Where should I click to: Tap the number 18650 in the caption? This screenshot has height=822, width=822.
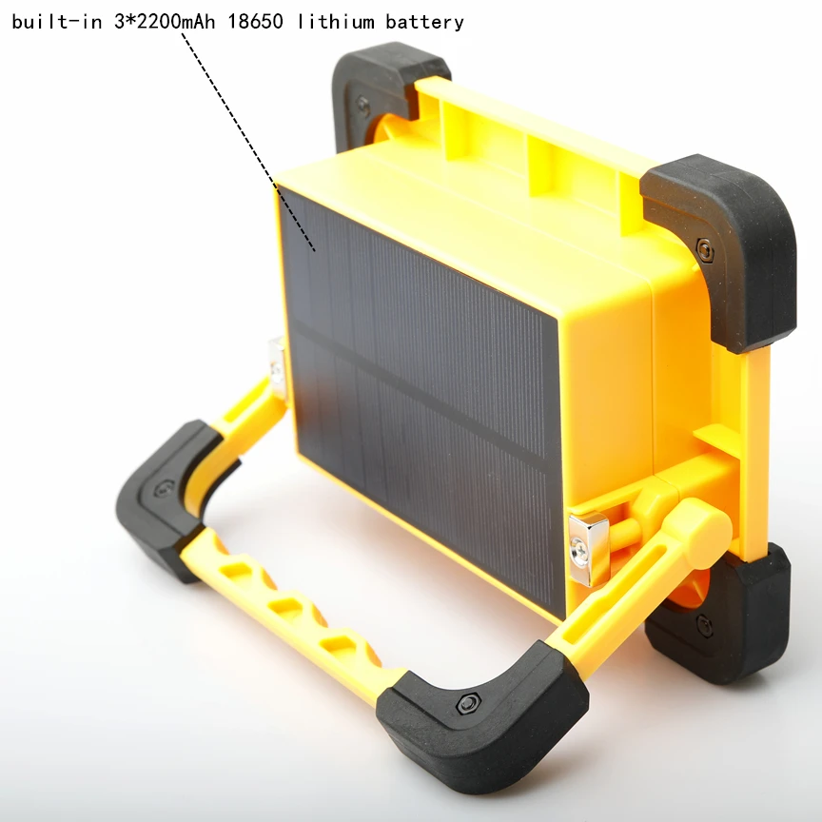pos(255,21)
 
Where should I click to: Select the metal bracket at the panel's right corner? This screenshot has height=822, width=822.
pos(587,550)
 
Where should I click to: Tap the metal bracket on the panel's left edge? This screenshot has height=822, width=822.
pos(277,366)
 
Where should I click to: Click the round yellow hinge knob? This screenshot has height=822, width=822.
pos(702,521)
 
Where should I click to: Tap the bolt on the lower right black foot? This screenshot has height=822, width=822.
pos(704,625)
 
